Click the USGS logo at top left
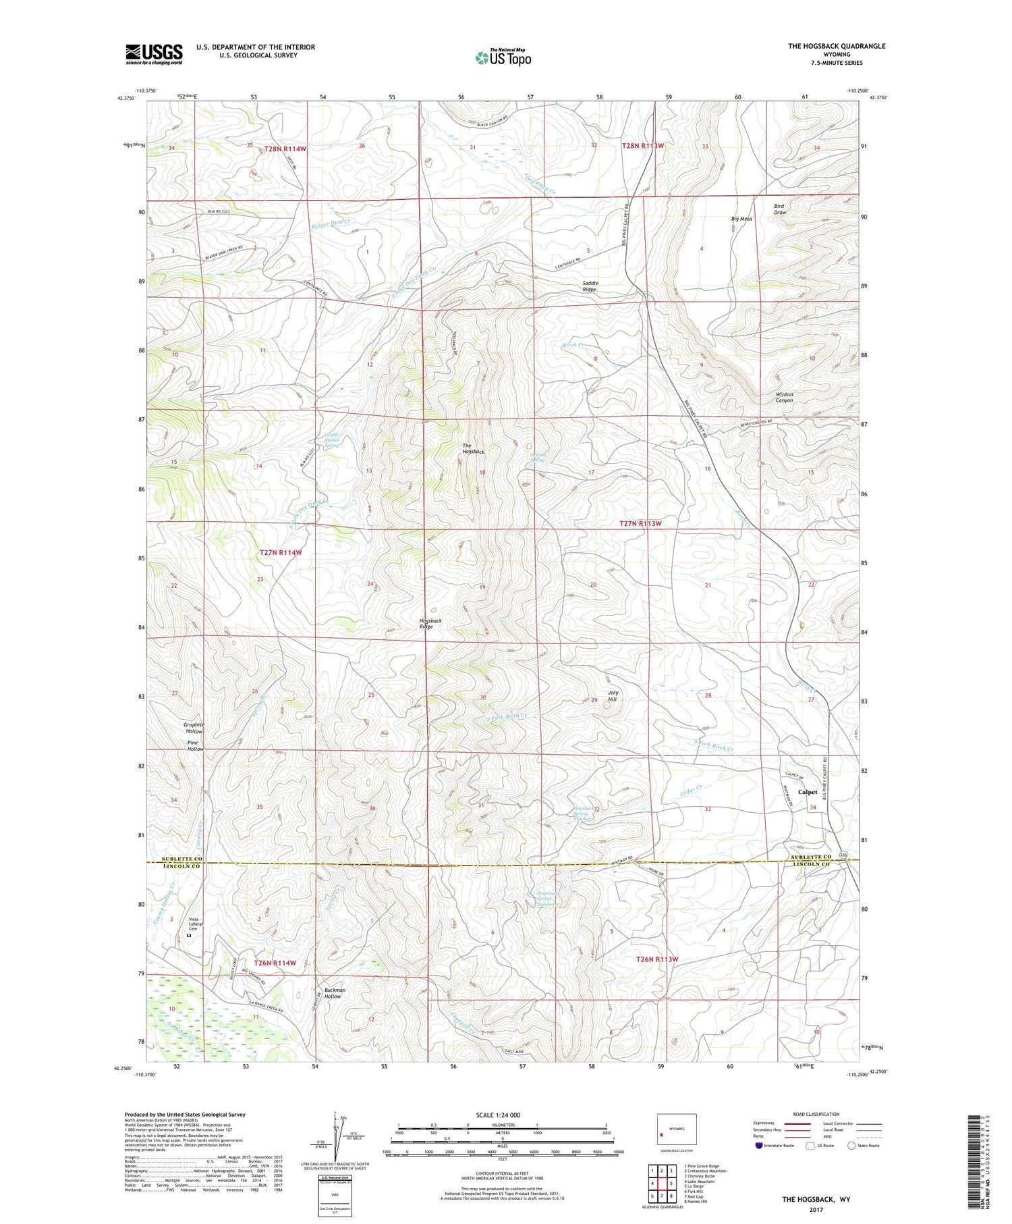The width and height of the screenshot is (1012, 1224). coord(154,54)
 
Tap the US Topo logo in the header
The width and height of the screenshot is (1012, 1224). coord(503,57)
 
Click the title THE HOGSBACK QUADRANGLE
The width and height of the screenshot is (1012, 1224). coord(836,46)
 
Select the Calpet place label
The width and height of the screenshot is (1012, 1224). coord(807,792)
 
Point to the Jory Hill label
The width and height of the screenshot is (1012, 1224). coord(613,696)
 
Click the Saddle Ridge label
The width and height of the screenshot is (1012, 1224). coord(589,286)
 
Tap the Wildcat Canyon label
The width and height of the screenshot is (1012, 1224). coord(784,397)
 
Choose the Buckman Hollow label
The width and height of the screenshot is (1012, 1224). coord(334,993)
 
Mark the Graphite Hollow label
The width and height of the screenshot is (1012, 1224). coord(194,728)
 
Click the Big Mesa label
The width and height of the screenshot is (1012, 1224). coord(741,219)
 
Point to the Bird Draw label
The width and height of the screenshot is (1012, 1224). coord(779,209)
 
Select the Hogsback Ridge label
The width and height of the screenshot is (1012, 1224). coord(430,623)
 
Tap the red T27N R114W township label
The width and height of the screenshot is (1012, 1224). coord(281,552)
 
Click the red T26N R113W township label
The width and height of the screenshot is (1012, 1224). coord(656,959)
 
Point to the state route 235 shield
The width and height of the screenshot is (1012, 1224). coord(843,855)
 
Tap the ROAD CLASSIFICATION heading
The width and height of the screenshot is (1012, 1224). coord(816,1114)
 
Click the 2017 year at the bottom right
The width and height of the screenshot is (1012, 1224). coord(816,1209)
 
